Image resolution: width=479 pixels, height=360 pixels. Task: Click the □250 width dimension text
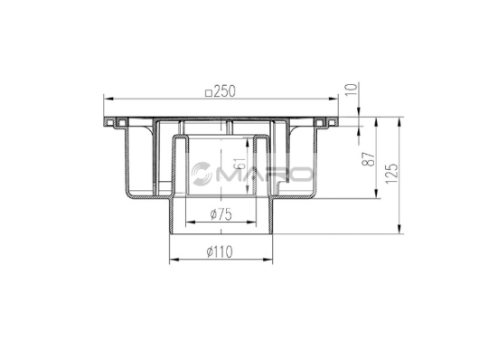pos(221,91)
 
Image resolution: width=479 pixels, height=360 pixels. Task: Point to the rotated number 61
pos(239,166)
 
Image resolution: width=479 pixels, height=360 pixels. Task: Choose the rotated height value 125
pos(391,172)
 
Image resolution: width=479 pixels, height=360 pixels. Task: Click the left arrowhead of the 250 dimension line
pos(108,99)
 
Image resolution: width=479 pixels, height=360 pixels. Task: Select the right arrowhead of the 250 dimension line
pos(335,99)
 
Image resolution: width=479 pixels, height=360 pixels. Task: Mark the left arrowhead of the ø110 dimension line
pos(172,258)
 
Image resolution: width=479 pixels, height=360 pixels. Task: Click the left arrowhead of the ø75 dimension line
pos(186,222)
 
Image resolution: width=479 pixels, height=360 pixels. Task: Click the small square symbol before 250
pos(209,91)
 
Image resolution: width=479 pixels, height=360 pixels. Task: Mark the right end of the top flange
pos(335,120)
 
